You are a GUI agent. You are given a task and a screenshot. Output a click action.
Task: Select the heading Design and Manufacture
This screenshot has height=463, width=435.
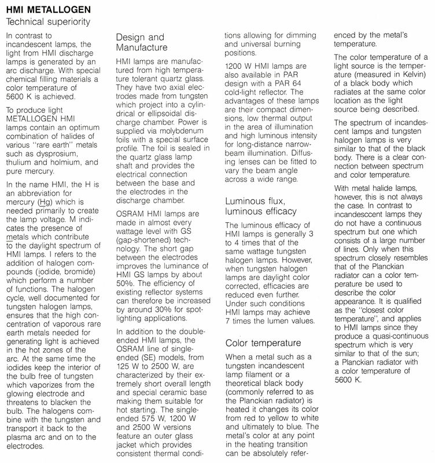pyautogui.click(x=140, y=42)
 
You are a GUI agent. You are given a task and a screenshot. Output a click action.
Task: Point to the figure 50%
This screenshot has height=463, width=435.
pyautogui.click(x=126, y=249)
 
